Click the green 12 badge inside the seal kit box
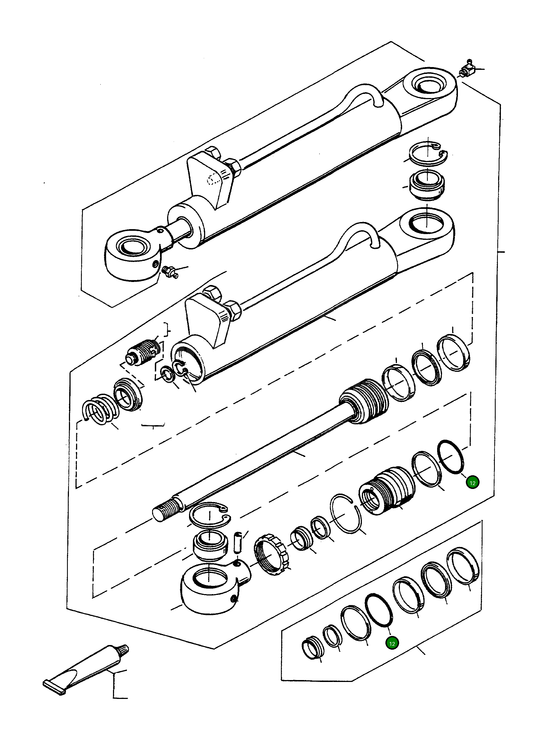392,643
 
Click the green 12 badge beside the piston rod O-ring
472,483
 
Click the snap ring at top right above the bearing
427,152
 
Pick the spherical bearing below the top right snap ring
427,186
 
